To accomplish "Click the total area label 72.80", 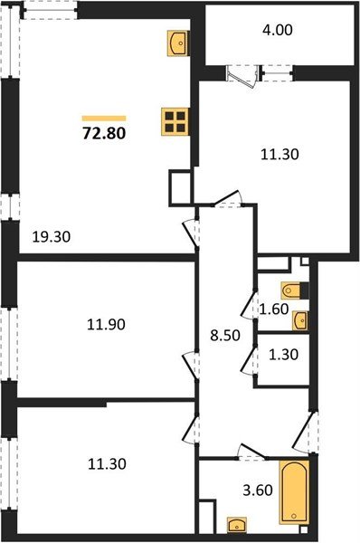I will (103, 136).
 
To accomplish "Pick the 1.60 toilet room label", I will (274, 309).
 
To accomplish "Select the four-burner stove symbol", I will (175, 121).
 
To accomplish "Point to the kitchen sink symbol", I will (177, 42).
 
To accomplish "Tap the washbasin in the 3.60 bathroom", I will (237, 524).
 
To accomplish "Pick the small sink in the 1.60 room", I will (300, 319).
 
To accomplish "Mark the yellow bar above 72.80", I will (103, 118).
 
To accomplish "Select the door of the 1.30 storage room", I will (250, 359).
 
